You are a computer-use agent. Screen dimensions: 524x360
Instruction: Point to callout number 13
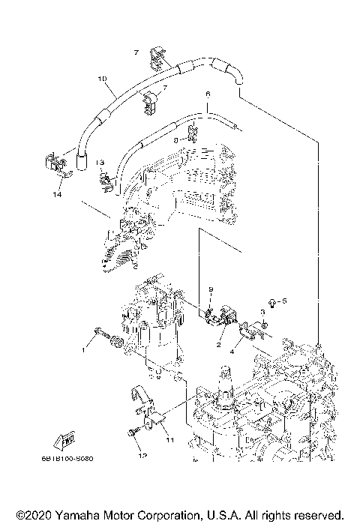coord(100,163)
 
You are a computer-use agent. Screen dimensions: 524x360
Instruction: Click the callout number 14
coord(56,194)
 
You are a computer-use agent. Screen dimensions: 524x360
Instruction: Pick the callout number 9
coord(211,289)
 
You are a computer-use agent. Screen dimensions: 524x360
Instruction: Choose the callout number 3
coord(263,311)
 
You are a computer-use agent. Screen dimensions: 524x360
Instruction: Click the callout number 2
coord(218,345)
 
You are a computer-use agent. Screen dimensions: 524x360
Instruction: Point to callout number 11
coord(169,440)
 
